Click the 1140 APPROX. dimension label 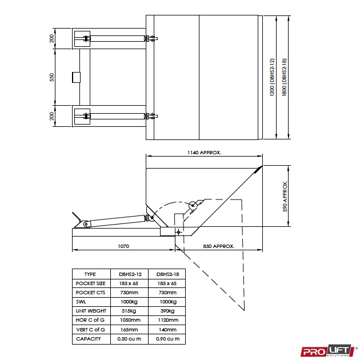(x=204, y=153)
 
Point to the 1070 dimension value (x=123, y=246)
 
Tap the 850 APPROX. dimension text (x=218, y=246)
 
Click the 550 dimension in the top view (x=51, y=77)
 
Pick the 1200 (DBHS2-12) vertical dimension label (x=273, y=77)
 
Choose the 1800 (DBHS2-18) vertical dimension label (x=284, y=77)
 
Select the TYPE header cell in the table (x=90, y=274)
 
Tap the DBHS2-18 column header (x=167, y=274)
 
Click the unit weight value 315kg (x=129, y=311)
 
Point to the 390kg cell (x=167, y=311)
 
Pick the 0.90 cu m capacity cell (x=167, y=339)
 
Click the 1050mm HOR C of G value (x=129, y=321)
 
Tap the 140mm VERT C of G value (x=167, y=330)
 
